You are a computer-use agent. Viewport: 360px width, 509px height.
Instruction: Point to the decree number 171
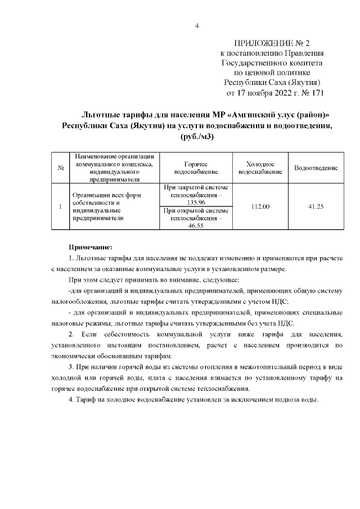pos(317,93)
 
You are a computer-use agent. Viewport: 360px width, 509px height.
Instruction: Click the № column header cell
pos(60,168)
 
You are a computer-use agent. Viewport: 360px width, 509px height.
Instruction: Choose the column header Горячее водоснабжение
pos(196,168)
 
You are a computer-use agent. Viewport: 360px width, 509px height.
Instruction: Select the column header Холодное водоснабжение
pos(260,168)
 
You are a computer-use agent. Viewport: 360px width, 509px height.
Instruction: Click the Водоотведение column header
pos(315,168)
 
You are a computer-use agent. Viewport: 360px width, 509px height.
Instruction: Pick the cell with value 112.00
pos(260,207)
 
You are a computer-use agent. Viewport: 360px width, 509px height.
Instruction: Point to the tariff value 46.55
pos(196,225)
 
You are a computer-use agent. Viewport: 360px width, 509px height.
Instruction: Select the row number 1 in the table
pos(60,207)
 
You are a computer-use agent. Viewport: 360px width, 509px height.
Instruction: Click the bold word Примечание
pos(91,246)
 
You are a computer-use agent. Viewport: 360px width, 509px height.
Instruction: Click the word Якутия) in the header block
pos(304,82)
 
